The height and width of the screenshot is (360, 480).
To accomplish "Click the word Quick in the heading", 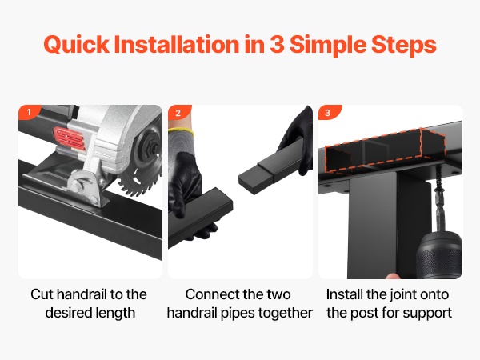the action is pos(77,45).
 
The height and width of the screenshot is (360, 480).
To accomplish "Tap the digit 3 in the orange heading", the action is pos(278,44).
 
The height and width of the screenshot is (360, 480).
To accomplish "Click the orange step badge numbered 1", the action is pos(30,112).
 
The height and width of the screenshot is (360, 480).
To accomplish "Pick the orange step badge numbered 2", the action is pos(179,112).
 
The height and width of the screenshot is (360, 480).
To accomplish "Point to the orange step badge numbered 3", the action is pos(329,112).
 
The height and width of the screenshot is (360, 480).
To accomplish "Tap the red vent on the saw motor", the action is pos(69,138).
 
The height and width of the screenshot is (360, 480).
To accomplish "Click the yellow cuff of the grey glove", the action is pos(182,132).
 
